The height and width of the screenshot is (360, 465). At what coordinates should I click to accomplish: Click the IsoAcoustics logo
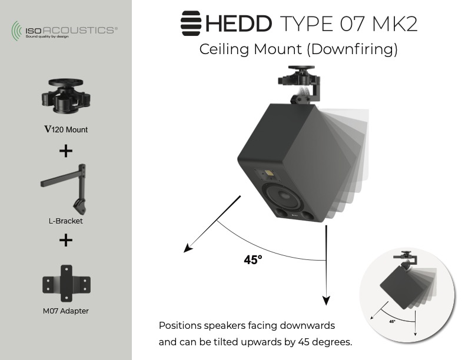coord(64,30)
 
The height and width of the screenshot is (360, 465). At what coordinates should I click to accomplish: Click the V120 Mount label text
coord(65,129)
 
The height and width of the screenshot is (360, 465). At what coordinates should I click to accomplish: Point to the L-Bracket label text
coord(65,221)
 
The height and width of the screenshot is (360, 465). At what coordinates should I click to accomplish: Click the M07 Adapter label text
coord(65,311)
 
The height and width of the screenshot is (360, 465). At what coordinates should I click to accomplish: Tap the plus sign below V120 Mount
coord(65,151)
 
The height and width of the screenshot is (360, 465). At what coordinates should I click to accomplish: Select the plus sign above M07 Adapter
coord(65,240)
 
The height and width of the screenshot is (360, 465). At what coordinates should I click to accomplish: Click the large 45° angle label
coord(253,260)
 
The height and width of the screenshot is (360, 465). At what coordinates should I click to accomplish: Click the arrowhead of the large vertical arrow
coord(325,301)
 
